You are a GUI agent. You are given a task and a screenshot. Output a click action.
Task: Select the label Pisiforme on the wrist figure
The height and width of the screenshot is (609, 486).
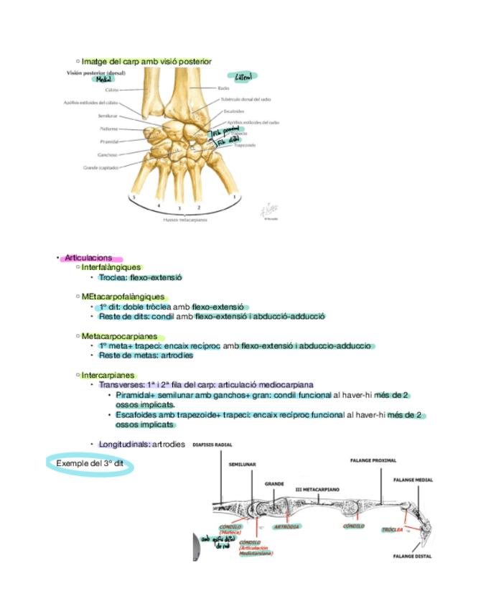coord(109,129)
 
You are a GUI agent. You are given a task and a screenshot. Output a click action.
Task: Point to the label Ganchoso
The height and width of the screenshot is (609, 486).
coord(108,154)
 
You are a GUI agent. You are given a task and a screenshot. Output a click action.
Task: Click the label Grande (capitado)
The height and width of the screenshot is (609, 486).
coord(101,167)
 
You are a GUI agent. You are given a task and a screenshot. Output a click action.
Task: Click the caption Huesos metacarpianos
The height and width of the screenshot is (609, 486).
coord(185,220)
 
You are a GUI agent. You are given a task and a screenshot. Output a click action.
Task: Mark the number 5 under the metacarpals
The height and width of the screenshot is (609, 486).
coord(134,196)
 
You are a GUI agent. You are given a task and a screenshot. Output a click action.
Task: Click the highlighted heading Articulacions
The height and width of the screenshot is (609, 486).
coord(88,258)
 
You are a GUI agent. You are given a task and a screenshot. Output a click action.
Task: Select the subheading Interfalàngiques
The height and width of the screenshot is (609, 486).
coord(111,267)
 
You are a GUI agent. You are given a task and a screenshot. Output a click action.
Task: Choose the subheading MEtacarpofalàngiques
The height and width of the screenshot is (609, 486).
coord(123,297)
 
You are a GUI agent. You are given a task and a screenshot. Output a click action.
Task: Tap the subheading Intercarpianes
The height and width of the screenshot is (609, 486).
coord(108,375)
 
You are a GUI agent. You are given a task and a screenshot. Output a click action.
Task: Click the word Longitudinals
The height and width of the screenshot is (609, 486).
coord(124,445)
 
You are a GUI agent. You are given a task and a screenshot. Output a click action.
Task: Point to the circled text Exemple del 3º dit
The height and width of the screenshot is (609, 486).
coord(90,463)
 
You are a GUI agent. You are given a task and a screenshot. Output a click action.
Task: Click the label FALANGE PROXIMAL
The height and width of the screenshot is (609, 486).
coord(373,460)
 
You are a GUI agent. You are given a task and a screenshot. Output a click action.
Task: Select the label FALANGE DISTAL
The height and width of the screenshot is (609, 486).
coord(412,556)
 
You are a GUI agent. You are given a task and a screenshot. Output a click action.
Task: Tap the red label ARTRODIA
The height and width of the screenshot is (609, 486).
coord(287,526)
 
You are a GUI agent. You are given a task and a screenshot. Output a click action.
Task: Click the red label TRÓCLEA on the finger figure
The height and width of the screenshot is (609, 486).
coord(391,529)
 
